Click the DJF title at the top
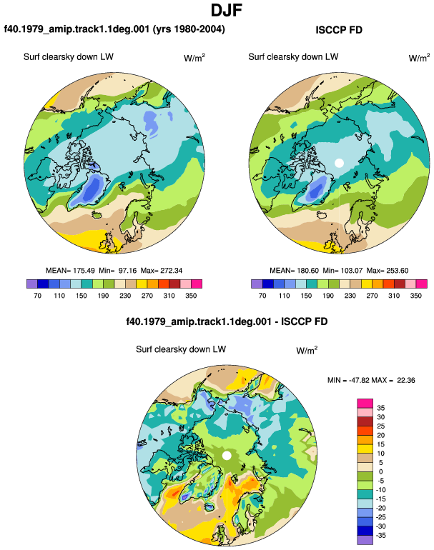point(227,10)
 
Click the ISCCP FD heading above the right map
point(339,30)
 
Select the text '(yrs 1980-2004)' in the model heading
point(189,29)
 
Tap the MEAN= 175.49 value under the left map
point(70,271)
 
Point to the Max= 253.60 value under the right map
point(388,271)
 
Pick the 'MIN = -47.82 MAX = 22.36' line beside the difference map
point(371,380)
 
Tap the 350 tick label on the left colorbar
point(191,295)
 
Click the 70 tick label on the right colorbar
point(262,295)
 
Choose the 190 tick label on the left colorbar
point(103,295)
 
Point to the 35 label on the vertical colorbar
point(380,408)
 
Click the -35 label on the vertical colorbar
point(380,535)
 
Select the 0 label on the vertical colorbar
point(380,471)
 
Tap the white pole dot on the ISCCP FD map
point(339,163)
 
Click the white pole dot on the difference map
point(227,456)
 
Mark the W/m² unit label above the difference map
point(307,350)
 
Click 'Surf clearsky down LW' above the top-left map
point(69,57)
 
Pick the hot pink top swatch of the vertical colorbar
point(365,404)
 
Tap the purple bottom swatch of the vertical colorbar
point(365,540)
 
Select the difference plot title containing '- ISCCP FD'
point(227,321)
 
